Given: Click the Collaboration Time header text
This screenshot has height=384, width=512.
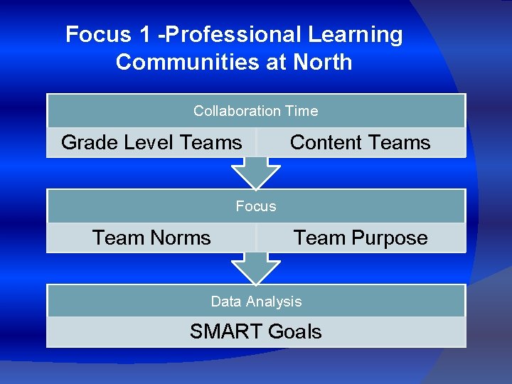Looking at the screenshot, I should point(256,111).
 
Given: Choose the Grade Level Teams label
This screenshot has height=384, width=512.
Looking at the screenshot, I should point(151,142).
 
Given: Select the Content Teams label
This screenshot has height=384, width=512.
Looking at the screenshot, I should point(360,142).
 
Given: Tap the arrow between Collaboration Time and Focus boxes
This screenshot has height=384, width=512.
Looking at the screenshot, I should point(256,171).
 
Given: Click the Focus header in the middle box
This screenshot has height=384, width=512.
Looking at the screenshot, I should point(256,206).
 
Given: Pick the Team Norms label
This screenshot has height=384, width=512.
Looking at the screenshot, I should point(151,238).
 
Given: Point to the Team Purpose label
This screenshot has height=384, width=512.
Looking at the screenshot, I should point(361,238).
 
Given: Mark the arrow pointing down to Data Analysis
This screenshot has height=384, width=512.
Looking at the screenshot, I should point(256,267).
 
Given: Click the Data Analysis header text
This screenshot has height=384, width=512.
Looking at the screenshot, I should point(256,302).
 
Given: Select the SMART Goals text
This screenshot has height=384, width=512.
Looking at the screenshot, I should point(256,331).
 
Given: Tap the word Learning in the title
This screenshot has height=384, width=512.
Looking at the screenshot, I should point(356,35).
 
